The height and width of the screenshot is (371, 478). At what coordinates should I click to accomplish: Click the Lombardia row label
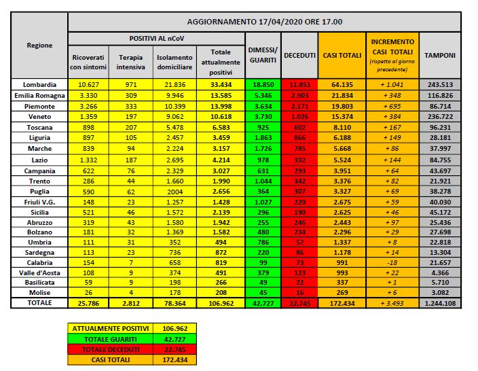40,84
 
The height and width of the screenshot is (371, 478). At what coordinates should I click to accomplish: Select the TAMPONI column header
439,54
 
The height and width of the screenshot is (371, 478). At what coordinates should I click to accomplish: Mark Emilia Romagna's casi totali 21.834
341,95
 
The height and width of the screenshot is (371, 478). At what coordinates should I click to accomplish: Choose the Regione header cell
40,45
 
